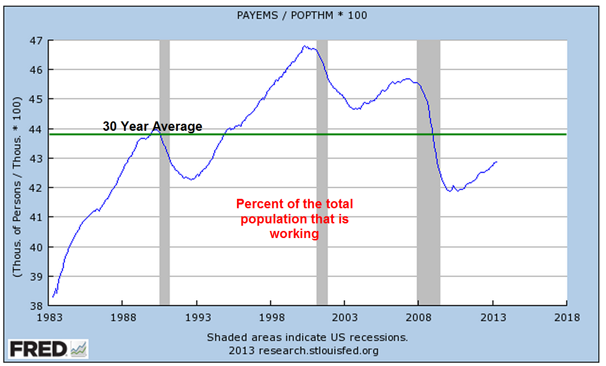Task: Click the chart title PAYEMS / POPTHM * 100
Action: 301,16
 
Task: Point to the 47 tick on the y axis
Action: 36,40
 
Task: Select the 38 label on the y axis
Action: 36,306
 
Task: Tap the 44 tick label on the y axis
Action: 36,129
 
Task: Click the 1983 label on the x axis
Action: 48,317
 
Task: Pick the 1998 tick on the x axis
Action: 270,317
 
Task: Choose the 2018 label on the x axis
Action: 567,317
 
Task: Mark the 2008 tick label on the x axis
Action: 418,317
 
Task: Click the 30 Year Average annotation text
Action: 152,127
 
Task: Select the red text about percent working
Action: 294,219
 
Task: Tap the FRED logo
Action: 47,349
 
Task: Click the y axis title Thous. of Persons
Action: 18,187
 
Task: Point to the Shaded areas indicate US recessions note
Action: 307,338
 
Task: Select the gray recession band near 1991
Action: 164,172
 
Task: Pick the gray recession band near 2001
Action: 322,172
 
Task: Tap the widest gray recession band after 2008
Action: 428,172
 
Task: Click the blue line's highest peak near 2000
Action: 305,46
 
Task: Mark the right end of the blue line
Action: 497,162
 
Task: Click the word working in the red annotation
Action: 294,234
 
